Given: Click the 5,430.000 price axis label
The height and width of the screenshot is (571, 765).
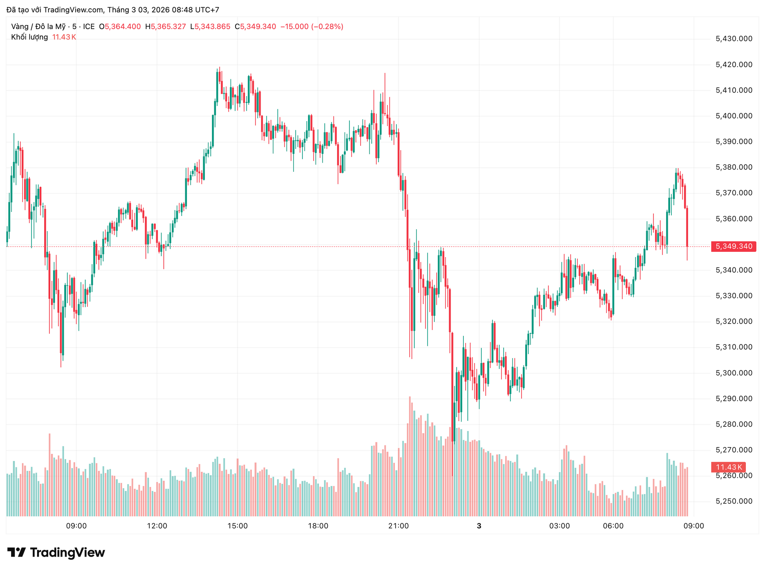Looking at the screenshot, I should [x=734, y=39].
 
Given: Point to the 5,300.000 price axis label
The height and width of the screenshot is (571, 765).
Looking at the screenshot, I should [x=734, y=373].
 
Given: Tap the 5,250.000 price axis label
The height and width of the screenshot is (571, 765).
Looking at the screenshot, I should [x=734, y=501].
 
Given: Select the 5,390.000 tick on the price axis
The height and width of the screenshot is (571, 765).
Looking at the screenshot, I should [x=734, y=141].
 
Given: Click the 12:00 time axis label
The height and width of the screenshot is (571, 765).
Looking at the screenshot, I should [x=157, y=526].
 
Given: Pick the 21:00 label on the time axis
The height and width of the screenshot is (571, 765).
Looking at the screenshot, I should [x=398, y=526].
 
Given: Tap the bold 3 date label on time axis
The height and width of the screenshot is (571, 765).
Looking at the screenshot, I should [x=479, y=526].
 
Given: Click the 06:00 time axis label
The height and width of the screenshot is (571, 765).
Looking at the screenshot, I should [x=613, y=526].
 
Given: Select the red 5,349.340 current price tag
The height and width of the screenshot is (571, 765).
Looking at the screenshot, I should [x=734, y=246].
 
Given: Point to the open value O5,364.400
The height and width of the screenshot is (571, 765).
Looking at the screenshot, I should [x=120, y=27].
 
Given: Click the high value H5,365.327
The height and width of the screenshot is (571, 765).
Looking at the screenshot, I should [x=165, y=27].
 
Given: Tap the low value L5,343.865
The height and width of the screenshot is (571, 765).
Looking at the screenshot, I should [x=210, y=27].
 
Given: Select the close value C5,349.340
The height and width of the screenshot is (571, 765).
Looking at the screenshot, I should [x=255, y=27].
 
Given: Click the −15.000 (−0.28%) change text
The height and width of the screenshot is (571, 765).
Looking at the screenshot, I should [x=312, y=27].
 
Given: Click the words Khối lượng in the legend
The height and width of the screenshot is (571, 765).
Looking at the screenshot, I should [x=29, y=37].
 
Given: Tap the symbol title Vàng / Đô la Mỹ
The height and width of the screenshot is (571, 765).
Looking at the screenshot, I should [x=38, y=27].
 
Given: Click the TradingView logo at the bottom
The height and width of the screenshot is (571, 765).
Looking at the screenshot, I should [x=56, y=553].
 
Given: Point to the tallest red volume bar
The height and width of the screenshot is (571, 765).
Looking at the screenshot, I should [x=410, y=456].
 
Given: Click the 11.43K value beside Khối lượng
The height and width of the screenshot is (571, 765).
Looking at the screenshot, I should [x=64, y=37].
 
